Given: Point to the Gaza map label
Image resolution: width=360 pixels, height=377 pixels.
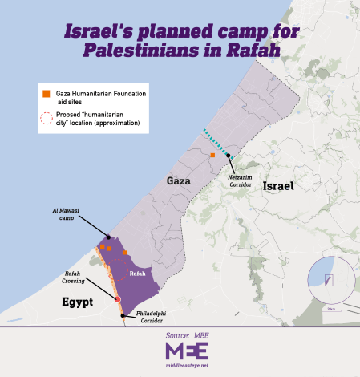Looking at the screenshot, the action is [x=178, y=181].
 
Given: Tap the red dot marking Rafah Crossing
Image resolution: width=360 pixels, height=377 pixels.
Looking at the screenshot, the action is [x=119, y=299].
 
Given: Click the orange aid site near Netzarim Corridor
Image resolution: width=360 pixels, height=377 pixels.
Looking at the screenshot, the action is [x=212, y=155].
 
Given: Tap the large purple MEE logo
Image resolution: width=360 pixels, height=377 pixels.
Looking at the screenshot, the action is [x=187, y=351].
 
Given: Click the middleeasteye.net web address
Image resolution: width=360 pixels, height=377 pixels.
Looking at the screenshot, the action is [x=187, y=366].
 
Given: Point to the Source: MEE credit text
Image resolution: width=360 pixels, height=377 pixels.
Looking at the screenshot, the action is [x=187, y=335].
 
